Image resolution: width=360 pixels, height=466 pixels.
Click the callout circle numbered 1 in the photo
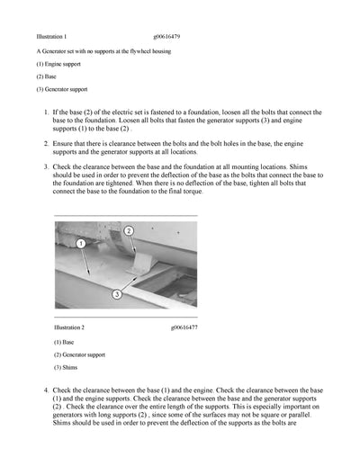81,244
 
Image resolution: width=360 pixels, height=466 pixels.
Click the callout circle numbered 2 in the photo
129,231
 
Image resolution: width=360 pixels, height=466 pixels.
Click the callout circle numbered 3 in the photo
116,294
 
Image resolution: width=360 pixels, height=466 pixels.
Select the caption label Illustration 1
51,36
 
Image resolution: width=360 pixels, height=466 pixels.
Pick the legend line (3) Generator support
61,89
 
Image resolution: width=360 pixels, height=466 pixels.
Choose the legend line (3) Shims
66,368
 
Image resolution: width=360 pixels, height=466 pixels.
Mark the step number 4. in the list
46,390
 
